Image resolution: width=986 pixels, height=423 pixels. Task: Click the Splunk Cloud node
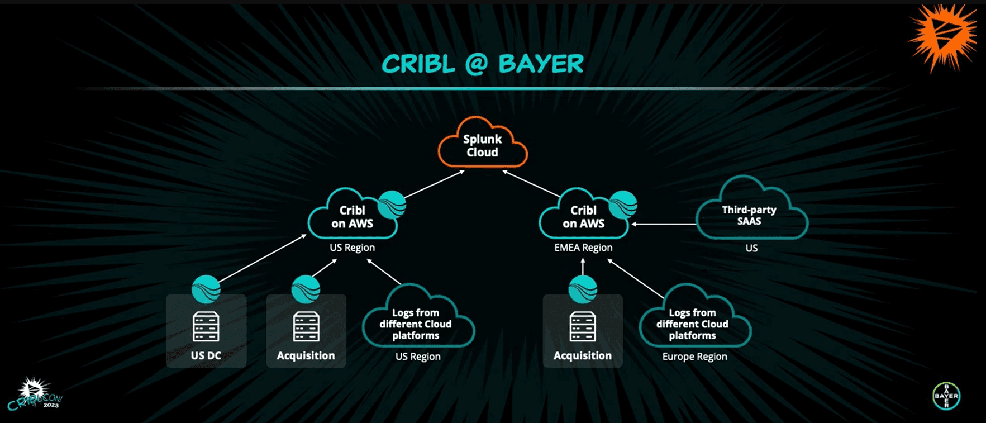(482, 145)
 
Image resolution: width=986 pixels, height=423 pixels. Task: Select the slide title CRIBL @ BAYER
(483, 64)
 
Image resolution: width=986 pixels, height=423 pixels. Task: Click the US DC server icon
(206, 326)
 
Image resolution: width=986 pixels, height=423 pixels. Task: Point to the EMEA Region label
(583, 248)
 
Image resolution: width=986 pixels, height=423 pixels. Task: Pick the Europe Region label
(694, 357)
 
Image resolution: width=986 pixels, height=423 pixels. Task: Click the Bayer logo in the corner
(946, 396)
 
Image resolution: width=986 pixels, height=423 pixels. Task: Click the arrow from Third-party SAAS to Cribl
(664, 224)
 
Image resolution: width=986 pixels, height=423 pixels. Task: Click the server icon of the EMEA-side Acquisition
(582, 326)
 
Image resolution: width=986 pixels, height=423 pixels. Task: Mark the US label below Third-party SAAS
(751, 248)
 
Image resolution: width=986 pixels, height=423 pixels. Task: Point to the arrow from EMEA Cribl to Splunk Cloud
(532, 184)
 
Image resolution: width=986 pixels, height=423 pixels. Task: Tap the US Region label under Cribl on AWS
(352, 248)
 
